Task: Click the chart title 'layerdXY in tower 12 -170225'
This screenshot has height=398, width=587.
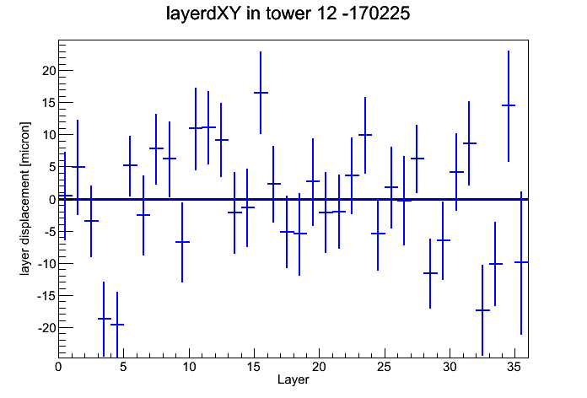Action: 288,13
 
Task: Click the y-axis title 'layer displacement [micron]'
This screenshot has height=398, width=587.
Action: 24,199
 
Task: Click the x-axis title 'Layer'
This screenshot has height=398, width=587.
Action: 293,379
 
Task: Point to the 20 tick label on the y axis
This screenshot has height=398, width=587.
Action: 49,70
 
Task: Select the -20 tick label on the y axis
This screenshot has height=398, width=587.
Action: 46,328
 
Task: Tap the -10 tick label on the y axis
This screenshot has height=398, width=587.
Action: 46,264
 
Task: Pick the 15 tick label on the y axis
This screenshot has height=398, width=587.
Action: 49,103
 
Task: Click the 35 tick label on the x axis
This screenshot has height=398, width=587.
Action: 514,367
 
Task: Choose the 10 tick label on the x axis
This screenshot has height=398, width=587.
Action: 189,367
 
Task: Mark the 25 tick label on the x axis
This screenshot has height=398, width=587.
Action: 384,367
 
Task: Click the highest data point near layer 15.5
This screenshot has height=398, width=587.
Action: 261,93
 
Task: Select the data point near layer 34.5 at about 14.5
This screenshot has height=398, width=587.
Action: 509,105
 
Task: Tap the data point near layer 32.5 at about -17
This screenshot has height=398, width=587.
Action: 482,310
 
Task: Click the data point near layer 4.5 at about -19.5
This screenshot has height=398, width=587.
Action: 117,325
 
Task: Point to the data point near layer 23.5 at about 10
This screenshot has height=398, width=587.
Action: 365,135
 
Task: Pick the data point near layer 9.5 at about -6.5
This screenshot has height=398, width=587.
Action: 182,242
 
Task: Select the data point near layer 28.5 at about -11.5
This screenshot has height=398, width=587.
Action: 430,273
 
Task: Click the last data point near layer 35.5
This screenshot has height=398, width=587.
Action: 521,262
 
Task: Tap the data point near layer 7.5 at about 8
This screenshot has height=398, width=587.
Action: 156,148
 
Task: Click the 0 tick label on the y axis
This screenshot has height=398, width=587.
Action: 52,200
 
